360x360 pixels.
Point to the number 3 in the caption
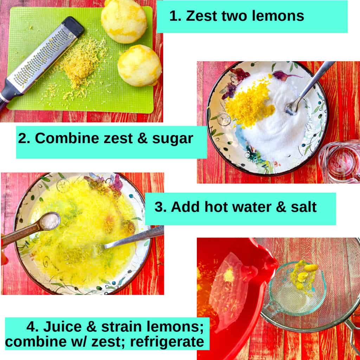160,207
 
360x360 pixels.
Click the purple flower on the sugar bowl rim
288,75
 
